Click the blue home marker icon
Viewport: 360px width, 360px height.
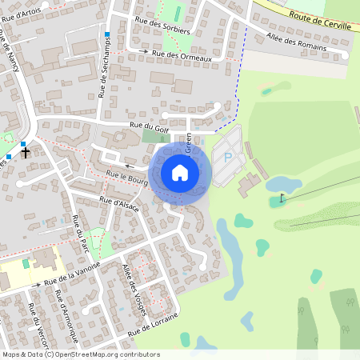click(x=180, y=172)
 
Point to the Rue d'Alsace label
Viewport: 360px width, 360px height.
click(x=120, y=203)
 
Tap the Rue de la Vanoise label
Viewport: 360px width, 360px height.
click(x=73, y=274)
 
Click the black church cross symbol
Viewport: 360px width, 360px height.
click(x=26, y=151)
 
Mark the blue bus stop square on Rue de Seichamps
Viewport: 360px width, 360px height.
click(x=106, y=34)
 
